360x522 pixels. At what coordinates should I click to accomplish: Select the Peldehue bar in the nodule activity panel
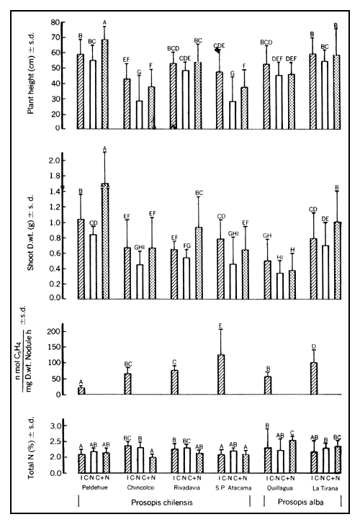pyautogui.click(x=81, y=391)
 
